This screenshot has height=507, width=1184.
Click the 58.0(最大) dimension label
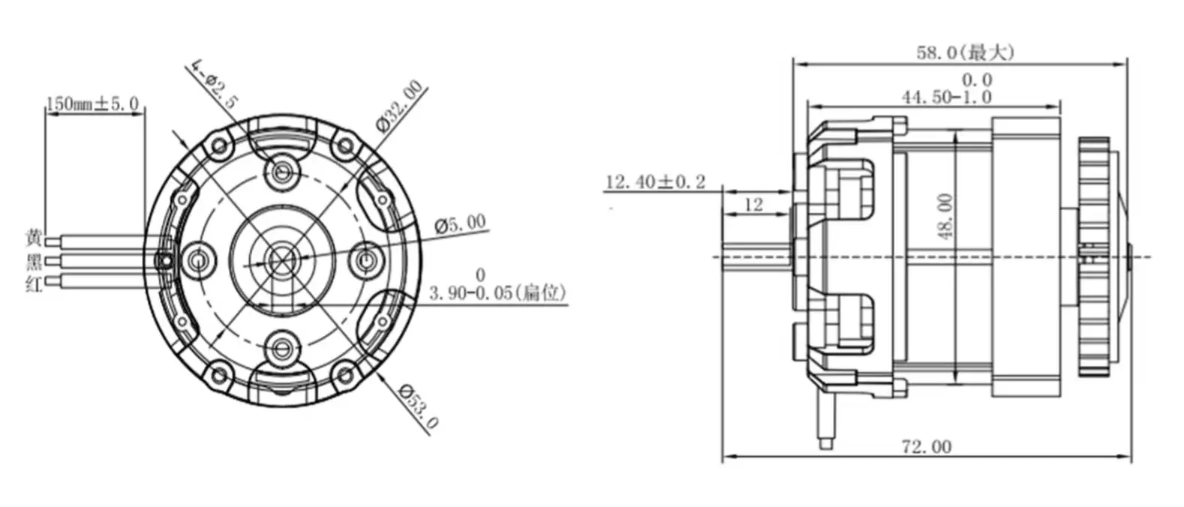(965, 52)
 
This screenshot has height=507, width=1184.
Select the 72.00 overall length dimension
(926, 447)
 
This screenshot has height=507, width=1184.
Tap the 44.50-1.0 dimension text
(946, 97)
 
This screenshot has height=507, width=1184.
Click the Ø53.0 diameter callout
(418, 406)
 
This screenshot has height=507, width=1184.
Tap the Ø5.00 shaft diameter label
(460, 223)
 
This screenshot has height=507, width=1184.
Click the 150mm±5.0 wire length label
(92, 104)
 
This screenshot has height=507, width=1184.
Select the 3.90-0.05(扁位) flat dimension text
(497, 292)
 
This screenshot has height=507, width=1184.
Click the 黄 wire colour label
(34, 239)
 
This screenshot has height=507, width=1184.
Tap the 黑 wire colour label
(34, 262)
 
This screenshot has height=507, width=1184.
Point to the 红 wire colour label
(34, 283)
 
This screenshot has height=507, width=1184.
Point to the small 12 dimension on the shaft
(753, 204)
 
